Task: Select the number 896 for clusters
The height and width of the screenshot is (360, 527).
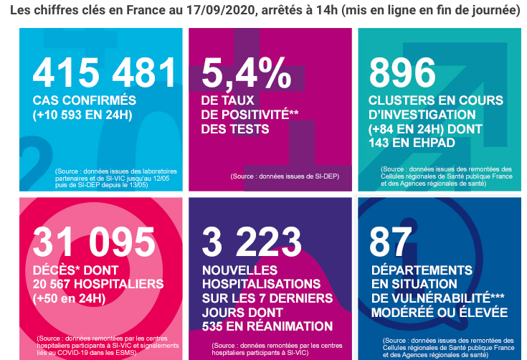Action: pos(402,72)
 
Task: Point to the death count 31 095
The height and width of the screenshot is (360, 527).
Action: pos(95,242)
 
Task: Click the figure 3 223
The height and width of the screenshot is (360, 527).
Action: pos(252,242)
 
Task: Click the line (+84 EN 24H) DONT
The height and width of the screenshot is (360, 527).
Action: pos(424,128)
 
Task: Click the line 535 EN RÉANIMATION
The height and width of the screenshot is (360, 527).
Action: pos(267,326)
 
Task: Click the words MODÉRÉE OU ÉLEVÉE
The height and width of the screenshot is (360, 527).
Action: pos(438,313)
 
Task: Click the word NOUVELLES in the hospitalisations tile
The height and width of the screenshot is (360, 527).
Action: pos(240,270)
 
